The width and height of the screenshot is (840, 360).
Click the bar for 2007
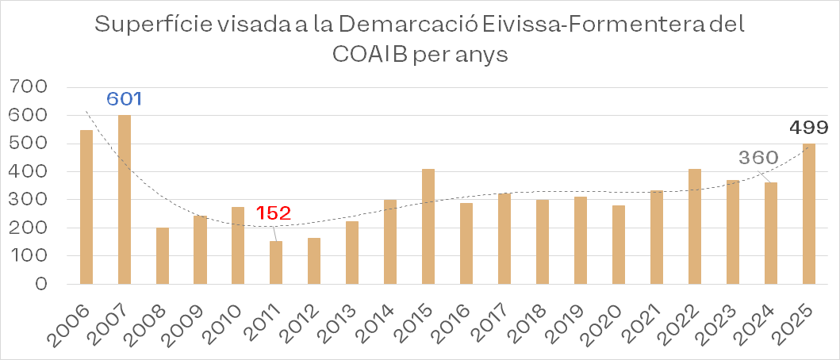click(125, 200)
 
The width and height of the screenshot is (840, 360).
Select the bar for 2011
click(276, 262)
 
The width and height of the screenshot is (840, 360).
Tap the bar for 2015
click(428, 226)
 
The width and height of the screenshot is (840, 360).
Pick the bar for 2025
click(808, 214)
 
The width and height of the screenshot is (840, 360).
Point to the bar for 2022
click(694, 226)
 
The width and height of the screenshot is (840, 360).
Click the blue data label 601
click(125, 99)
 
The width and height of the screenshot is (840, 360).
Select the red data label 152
click(274, 213)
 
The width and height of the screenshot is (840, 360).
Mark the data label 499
click(809, 128)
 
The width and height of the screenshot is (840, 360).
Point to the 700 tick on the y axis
click(29, 86)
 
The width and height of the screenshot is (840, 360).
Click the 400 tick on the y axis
click(29, 171)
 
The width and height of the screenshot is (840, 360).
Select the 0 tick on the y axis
click(39, 284)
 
